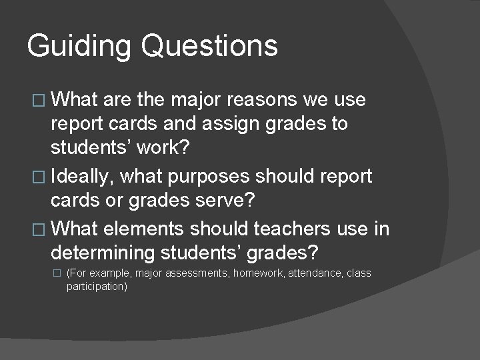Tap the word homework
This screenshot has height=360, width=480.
258,273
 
